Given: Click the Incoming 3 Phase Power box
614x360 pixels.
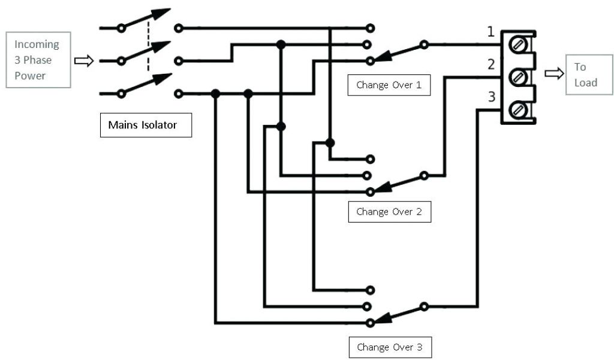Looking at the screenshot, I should click(x=38, y=60).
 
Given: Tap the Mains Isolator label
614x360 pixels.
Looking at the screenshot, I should click(x=146, y=125).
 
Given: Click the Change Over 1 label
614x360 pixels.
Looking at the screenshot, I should click(x=389, y=85).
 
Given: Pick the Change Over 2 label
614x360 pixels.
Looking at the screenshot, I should click(x=389, y=211).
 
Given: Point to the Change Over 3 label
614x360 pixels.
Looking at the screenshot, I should click(x=389, y=347).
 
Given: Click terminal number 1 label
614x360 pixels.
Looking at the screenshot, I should click(x=491, y=32).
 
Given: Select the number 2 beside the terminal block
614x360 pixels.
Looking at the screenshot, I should click(x=491, y=64).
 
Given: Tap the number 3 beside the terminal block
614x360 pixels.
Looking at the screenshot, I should click(x=491, y=96).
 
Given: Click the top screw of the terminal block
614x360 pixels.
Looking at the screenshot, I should click(x=517, y=44).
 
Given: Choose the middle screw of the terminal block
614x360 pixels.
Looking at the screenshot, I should click(x=517, y=77).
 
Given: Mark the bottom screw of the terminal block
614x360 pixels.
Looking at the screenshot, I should click(x=517, y=110).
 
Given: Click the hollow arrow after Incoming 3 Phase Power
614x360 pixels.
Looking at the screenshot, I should click(x=84, y=61).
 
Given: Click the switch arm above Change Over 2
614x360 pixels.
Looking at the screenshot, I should click(x=398, y=182).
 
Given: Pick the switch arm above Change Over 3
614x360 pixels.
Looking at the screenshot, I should click(x=398, y=314).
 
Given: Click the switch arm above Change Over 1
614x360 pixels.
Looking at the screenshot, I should click(x=398, y=52).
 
